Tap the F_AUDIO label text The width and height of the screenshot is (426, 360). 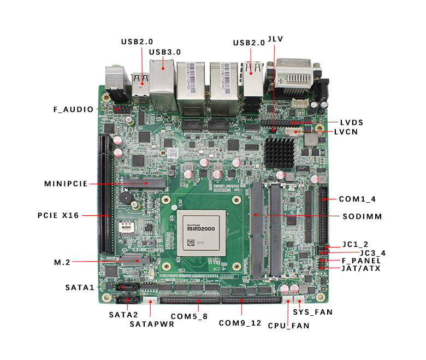point(73,109)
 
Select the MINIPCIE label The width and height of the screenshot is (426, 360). point(66,184)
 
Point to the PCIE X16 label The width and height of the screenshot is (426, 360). point(58,215)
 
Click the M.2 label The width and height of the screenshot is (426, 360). point(62,262)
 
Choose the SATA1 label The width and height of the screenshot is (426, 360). point(80,287)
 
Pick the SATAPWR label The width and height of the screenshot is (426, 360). point(152,323)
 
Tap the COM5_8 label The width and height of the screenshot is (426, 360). point(189,316)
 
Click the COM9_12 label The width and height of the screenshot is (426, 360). point(240,323)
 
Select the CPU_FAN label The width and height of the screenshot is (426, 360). point(288,326)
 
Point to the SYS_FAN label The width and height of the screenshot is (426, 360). point(313,312)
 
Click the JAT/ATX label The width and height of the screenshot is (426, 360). point(361,268)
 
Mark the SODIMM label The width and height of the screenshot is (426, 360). point(362,216)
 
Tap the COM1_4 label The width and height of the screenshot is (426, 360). point(357,199)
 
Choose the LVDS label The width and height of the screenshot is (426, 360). point(351,122)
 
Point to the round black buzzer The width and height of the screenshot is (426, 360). point(127,198)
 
